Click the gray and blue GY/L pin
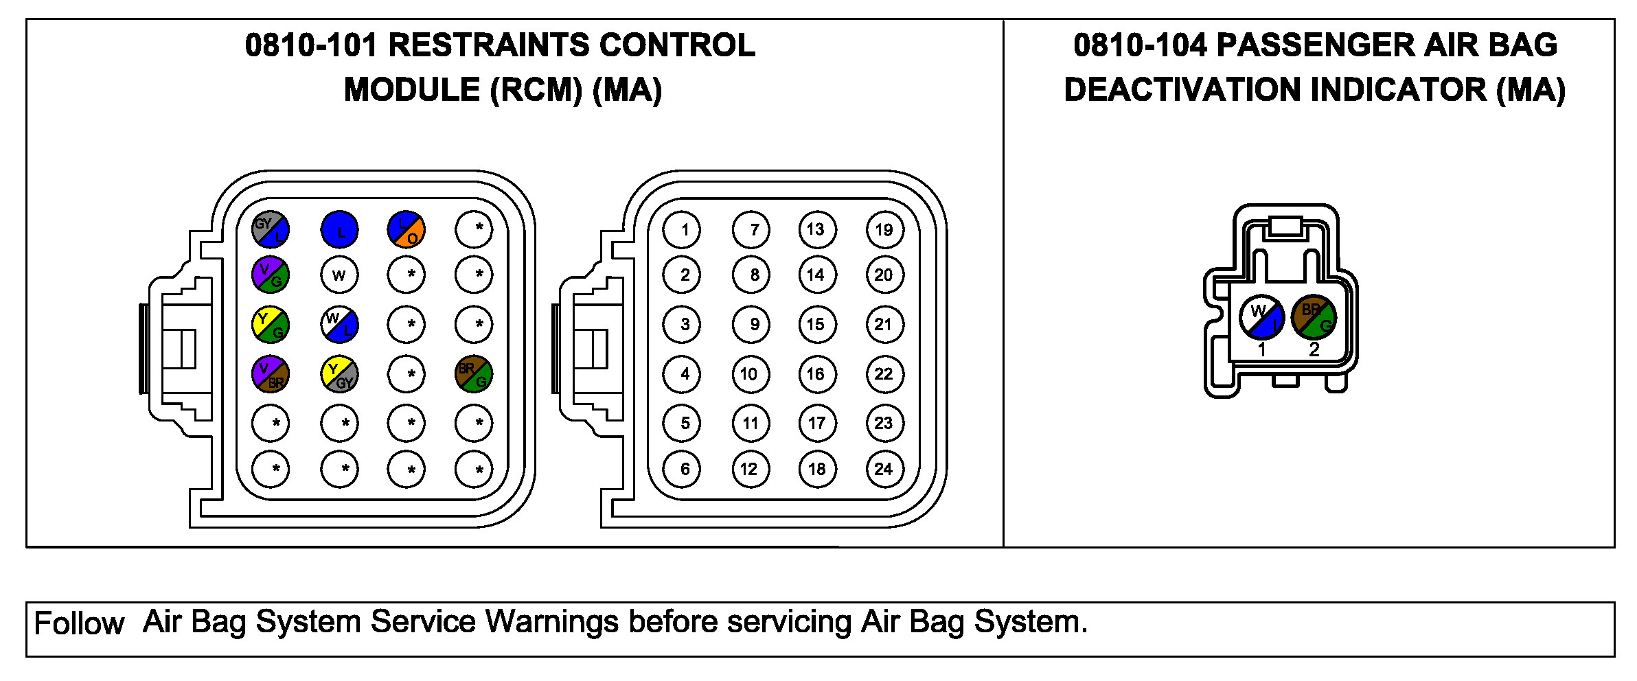point(271,229)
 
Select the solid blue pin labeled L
point(339,229)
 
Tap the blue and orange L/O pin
point(406,229)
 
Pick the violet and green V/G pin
point(271,275)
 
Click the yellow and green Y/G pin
point(271,325)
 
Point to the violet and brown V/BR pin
point(271,374)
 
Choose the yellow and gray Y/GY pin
point(339,374)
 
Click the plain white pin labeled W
point(339,275)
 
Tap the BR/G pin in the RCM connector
point(474,374)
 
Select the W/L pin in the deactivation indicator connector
point(1261,317)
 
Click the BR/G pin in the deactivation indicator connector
point(1314,317)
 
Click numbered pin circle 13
point(817,229)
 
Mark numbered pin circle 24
point(884,469)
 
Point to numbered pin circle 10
point(750,374)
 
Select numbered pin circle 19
point(884,229)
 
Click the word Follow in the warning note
point(79,624)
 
